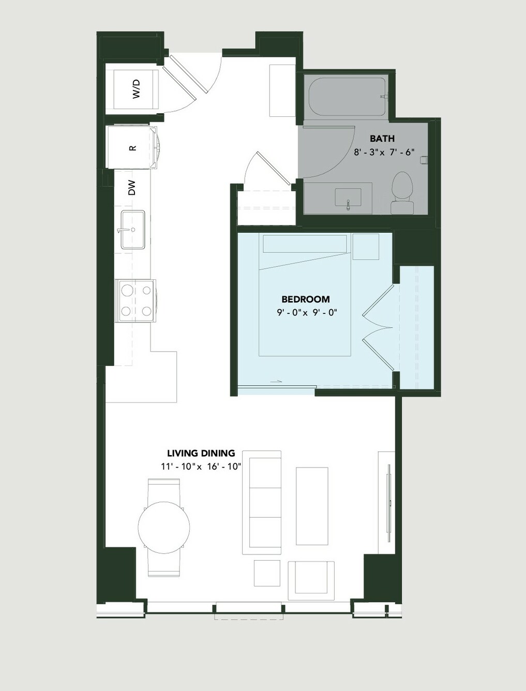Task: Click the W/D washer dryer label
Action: (136, 89)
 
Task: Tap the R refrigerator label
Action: (133, 148)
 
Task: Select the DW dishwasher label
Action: (132, 188)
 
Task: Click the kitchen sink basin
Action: (133, 230)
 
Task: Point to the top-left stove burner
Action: (127, 290)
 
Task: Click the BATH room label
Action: (382, 139)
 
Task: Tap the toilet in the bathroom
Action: (402, 193)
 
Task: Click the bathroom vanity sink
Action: (348, 198)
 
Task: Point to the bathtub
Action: (347, 97)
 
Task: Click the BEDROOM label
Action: (306, 299)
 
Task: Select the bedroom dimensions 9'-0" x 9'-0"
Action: (307, 313)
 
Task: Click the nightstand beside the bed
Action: (366, 247)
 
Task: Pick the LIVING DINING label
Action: (201, 453)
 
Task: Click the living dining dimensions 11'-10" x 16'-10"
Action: (201, 467)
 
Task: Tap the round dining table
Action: (164, 527)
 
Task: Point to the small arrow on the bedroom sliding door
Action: (276, 382)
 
